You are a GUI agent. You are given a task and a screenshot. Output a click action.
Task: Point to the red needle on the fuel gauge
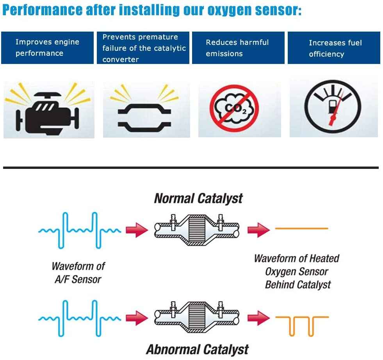[x=334, y=113]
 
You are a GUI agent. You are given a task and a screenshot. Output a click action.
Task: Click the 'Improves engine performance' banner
[x=47, y=48]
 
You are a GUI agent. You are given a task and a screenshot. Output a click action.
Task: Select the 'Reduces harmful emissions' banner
[x=238, y=48]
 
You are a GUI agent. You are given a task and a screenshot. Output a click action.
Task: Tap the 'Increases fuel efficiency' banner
[x=334, y=48]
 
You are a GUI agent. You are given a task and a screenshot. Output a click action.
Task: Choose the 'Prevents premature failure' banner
[x=143, y=48]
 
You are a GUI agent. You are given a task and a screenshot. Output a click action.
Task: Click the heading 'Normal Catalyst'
[x=198, y=198]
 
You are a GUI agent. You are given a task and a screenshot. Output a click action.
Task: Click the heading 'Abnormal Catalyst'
[x=197, y=349]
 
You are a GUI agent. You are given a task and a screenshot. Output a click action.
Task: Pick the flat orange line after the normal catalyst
[x=301, y=229]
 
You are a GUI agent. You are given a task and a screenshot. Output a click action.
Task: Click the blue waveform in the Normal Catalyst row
[x=79, y=230]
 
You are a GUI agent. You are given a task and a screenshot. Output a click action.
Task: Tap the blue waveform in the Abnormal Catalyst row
[x=79, y=318]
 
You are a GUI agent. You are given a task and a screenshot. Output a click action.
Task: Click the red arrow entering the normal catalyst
[x=137, y=229]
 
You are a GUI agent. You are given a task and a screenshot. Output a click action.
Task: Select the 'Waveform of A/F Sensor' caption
[x=78, y=273]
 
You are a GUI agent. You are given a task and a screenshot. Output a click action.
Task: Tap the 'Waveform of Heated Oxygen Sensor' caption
[x=297, y=271]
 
